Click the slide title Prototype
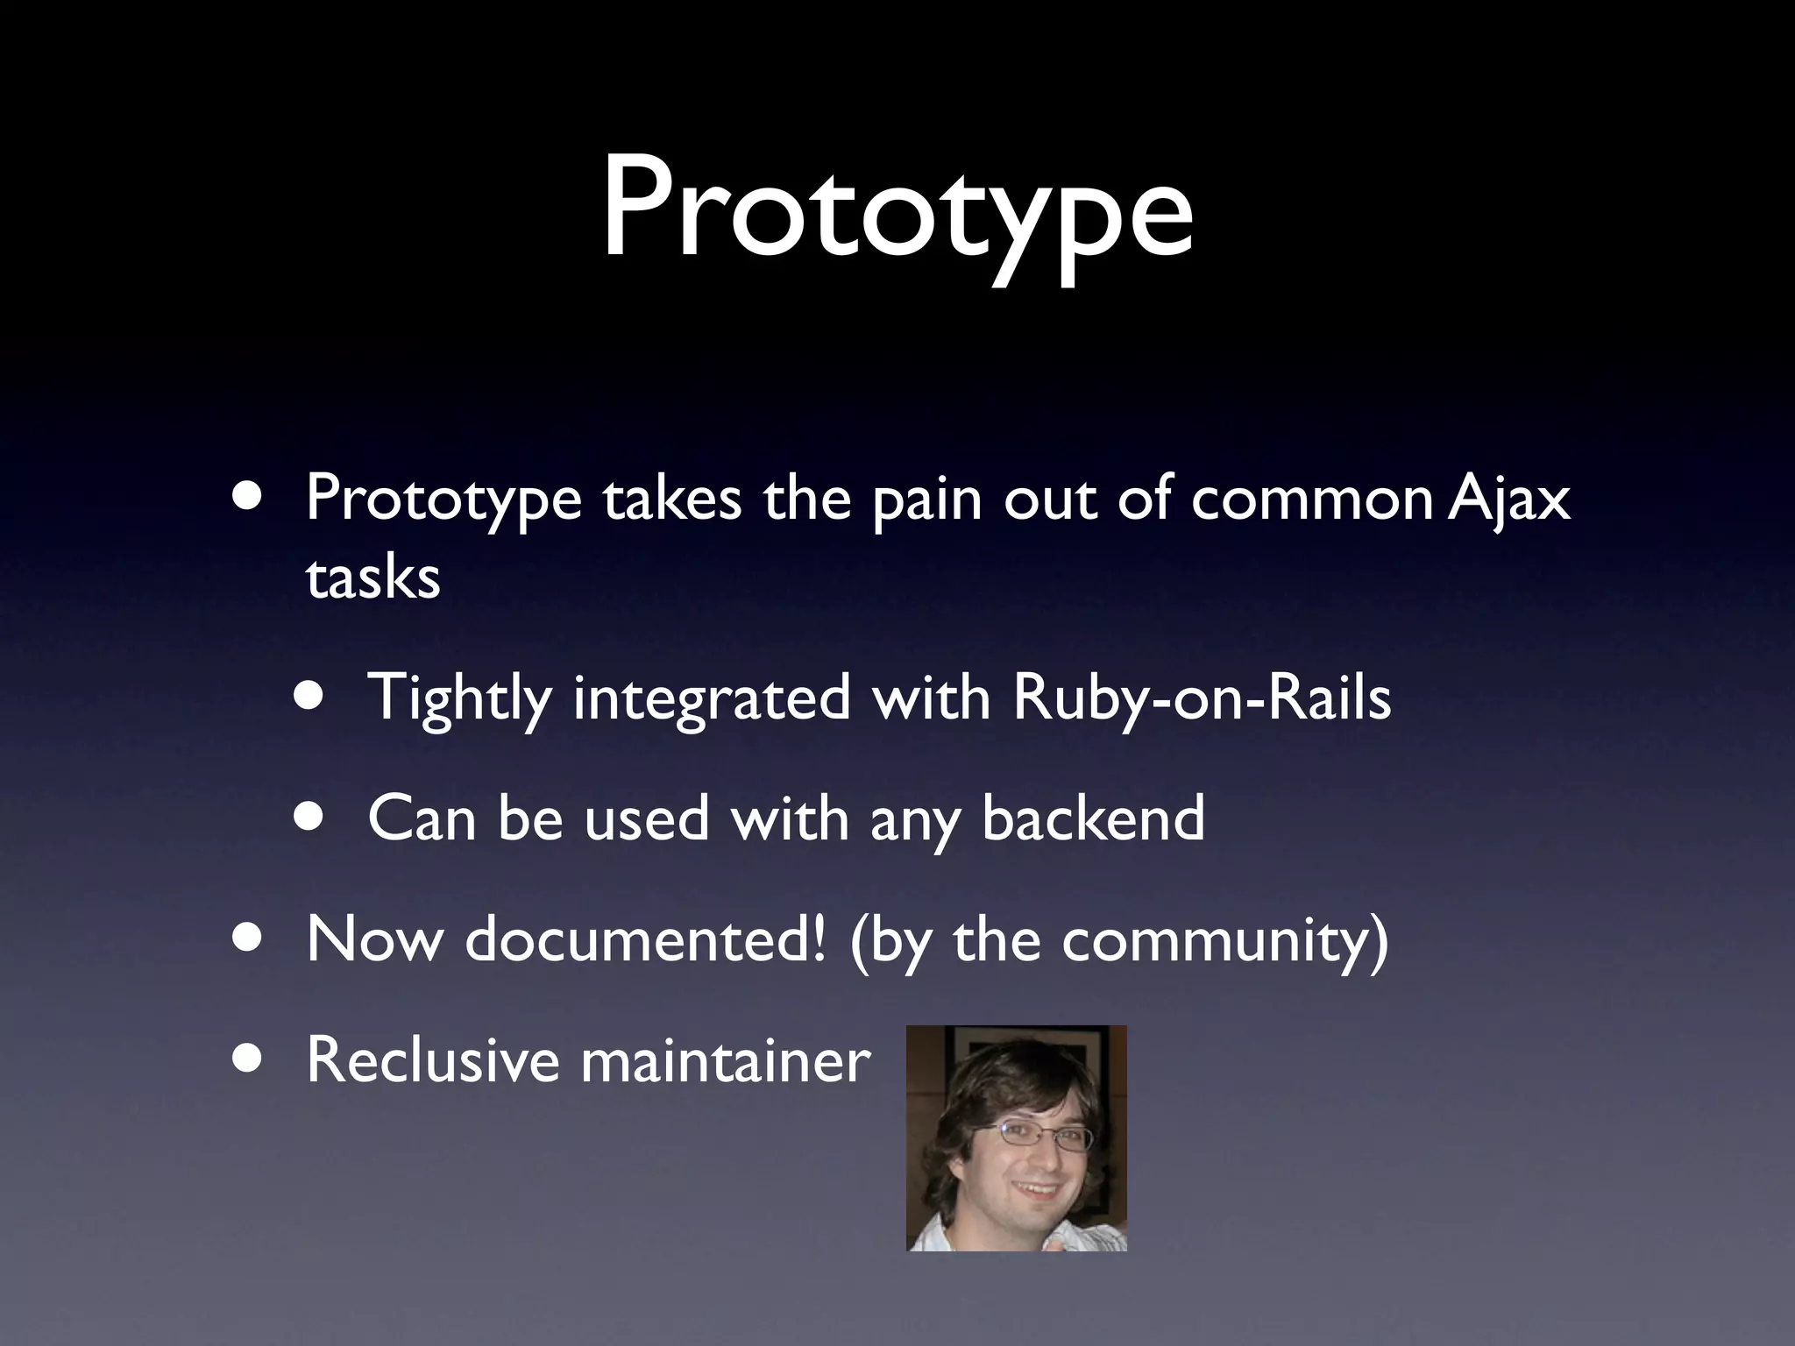(x=897, y=210)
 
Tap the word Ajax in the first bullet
(x=1508, y=499)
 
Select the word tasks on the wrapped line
(x=372, y=578)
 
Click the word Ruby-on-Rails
(x=1201, y=699)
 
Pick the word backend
(x=1093, y=818)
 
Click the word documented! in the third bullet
(x=644, y=939)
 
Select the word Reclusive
(x=432, y=1059)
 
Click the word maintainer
(x=726, y=1059)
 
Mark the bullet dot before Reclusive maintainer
(x=247, y=1057)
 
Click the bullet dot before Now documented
(x=247, y=936)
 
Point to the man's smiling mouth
(x=1038, y=1193)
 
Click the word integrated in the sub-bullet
(x=712, y=699)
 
